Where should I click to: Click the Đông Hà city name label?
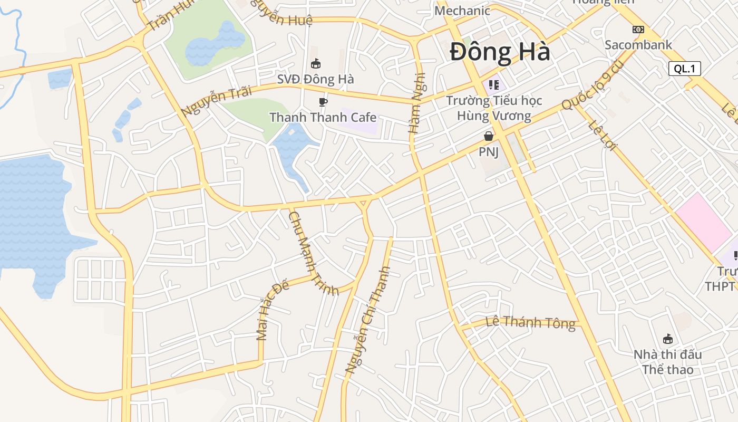500,52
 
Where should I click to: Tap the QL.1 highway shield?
684,69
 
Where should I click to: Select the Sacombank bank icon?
638,30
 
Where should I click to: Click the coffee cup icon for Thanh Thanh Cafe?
323,102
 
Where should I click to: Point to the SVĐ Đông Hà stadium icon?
316,64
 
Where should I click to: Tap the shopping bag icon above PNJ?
489,137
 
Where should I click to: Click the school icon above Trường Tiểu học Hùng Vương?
494,84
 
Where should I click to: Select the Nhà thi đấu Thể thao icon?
667,339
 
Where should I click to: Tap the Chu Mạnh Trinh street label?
313,253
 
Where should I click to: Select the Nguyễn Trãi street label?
209,103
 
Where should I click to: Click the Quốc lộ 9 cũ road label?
593,86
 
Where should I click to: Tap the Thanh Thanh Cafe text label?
323,117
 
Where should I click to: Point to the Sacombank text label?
638,45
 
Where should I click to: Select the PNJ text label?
489,152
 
